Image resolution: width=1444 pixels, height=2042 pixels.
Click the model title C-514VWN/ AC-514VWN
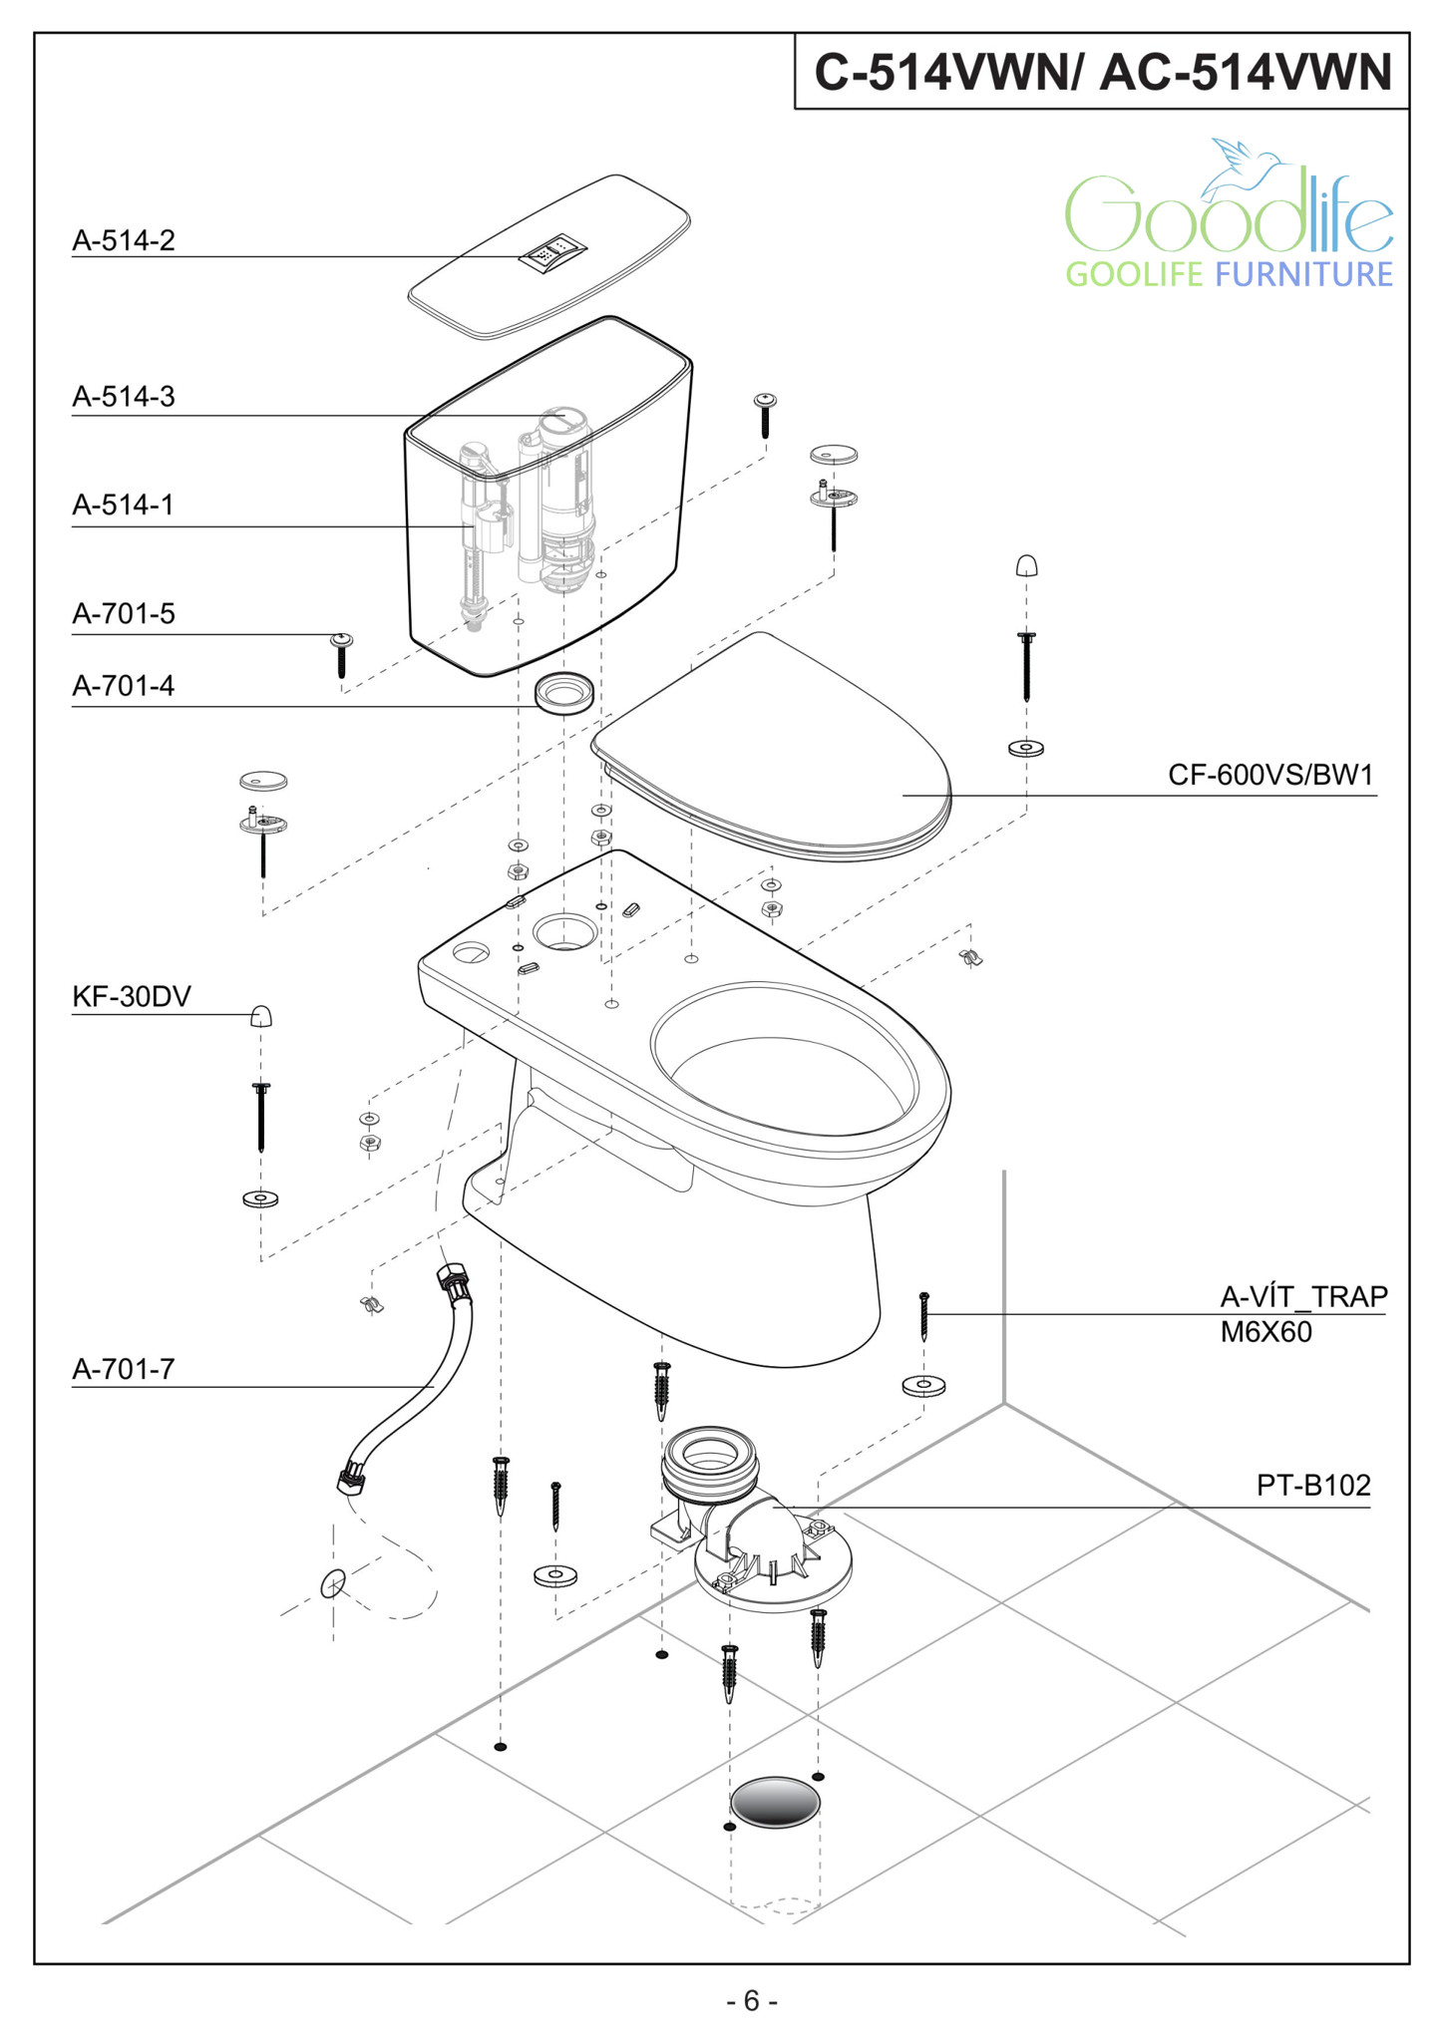tap(1102, 73)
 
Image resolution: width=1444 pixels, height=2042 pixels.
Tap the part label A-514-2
tap(124, 240)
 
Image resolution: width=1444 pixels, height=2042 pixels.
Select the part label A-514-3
tap(124, 397)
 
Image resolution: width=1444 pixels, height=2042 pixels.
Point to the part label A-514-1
tap(123, 505)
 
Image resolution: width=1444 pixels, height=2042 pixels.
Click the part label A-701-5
tap(124, 613)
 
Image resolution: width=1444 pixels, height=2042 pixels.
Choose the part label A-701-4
tap(124, 686)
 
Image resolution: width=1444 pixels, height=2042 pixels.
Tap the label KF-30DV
tap(132, 996)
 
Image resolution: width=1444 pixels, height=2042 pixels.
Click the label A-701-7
tap(124, 1369)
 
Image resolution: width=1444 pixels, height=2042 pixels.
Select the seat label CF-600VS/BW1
tap(1270, 775)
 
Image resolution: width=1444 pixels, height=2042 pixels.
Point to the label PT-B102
tap(1313, 1486)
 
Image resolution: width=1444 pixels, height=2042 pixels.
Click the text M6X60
tap(1265, 1332)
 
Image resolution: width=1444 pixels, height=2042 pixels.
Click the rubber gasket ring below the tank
tap(564, 692)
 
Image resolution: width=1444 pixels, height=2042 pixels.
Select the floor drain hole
tap(775, 1803)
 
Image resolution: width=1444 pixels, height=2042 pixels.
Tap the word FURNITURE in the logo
tap(1303, 274)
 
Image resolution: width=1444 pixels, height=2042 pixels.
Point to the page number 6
tap(752, 2001)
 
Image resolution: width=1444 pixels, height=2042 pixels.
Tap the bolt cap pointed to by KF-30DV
tap(261, 1016)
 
